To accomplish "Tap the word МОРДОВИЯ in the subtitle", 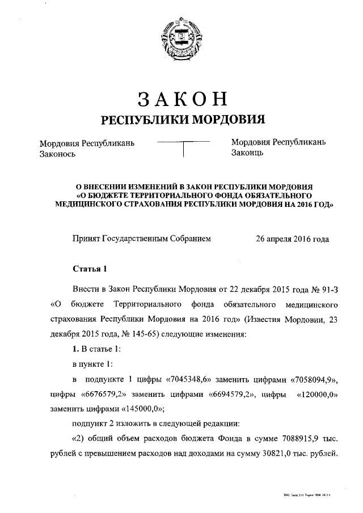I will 229,120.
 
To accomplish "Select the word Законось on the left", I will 57,154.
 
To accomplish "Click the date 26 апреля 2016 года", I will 293,239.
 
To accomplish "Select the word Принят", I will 86,239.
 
